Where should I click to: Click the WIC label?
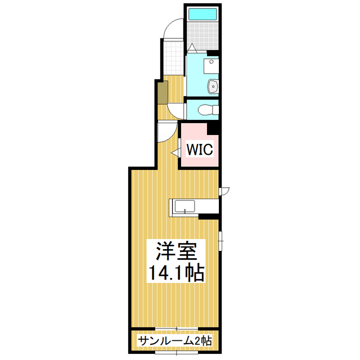tap(199, 150)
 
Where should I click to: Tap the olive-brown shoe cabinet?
tap(162, 92)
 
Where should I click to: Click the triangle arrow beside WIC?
tap(175, 151)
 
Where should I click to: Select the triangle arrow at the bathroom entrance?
tap(192, 48)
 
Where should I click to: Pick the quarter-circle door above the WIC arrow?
tap(166, 132)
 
